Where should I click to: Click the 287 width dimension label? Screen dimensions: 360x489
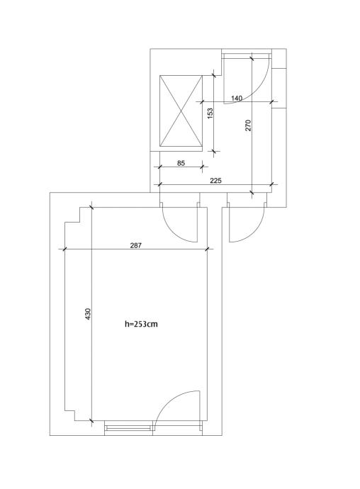click(x=135, y=245)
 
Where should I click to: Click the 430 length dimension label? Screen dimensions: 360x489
click(x=88, y=314)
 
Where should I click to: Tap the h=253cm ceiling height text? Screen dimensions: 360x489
click(x=141, y=324)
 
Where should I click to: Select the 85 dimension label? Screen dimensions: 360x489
click(x=181, y=163)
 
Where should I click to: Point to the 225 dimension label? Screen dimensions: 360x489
click(x=215, y=180)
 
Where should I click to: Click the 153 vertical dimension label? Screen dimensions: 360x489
click(x=210, y=113)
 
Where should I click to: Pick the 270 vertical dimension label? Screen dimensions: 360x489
click(x=248, y=125)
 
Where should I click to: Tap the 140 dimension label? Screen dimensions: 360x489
click(x=237, y=99)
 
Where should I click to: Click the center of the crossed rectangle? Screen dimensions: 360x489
click(x=181, y=111)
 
